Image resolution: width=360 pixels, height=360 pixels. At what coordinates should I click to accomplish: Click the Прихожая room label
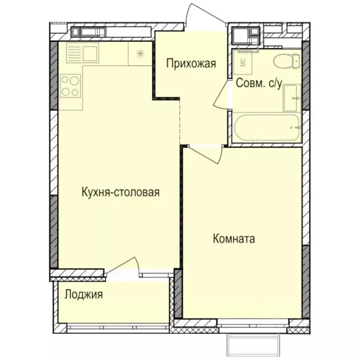(x=191, y=63)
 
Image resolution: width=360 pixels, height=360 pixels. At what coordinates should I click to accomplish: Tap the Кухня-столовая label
(x=120, y=192)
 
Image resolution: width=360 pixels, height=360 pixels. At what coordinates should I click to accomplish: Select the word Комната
(x=234, y=239)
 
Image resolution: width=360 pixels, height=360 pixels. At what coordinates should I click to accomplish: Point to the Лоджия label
(x=84, y=295)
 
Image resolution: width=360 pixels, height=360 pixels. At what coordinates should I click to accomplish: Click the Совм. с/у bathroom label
(x=259, y=83)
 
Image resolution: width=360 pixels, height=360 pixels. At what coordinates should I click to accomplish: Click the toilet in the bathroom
(x=286, y=61)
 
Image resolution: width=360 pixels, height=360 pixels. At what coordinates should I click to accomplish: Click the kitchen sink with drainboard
(x=82, y=52)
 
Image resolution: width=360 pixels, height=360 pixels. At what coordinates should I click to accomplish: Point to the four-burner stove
(x=70, y=85)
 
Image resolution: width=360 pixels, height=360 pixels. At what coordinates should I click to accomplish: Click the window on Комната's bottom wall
(x=253, y=323)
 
